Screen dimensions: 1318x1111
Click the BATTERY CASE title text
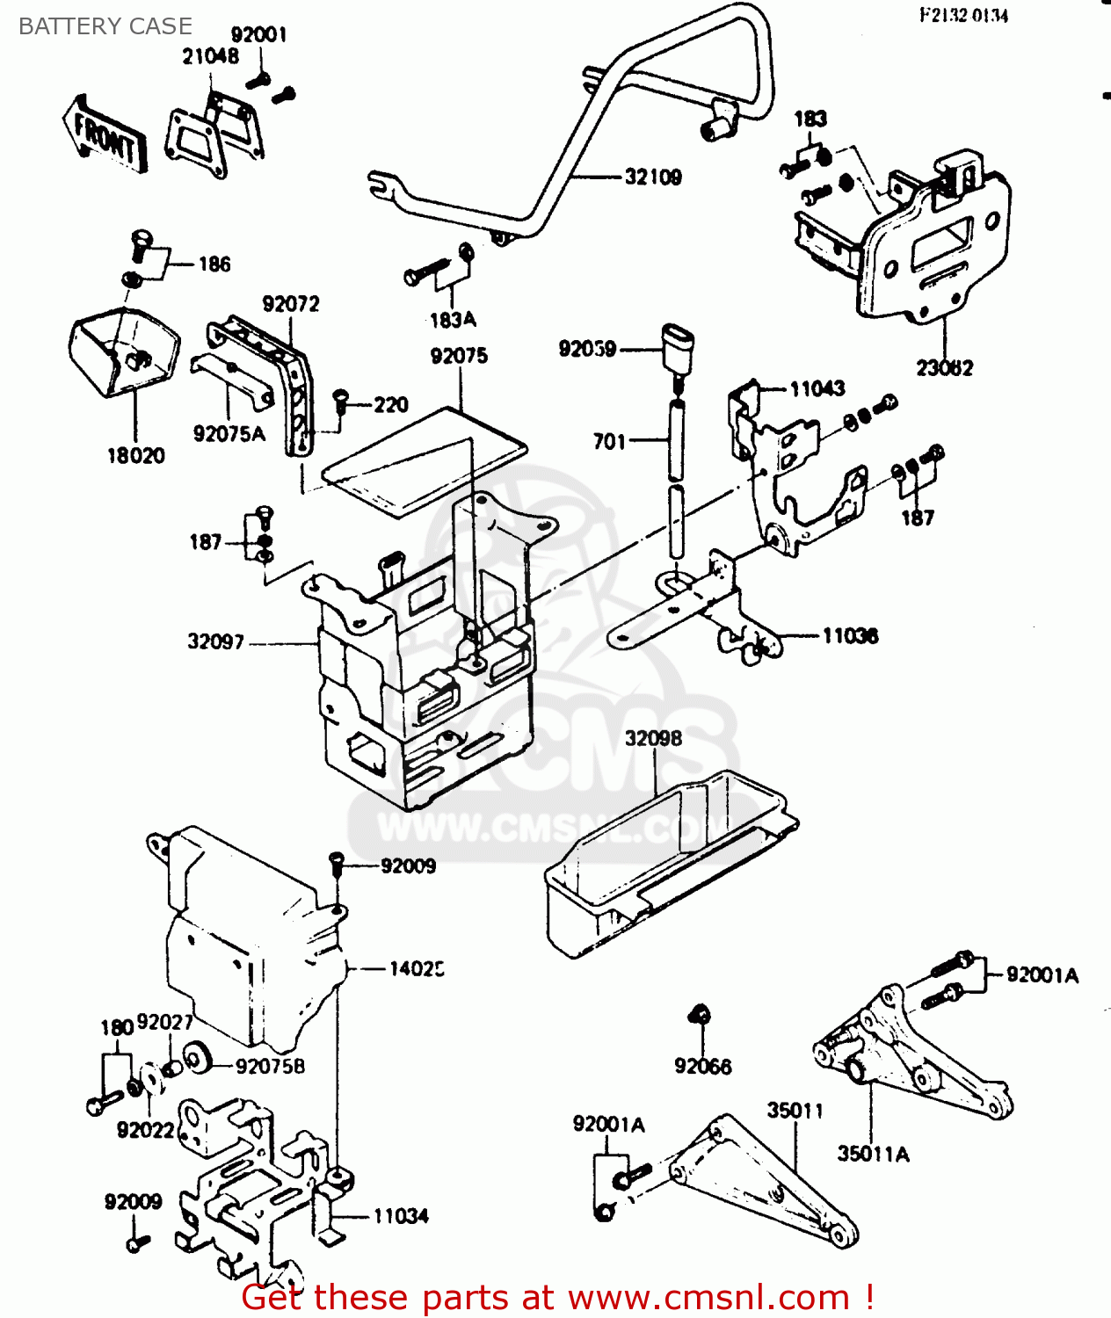(x=105, y=26)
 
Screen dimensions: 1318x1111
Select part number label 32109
(x=652, y=177)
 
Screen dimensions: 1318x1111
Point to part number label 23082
(x=945, y=368)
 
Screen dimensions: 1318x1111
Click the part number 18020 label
(x=135, y=455)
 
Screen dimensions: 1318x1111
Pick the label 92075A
(x=229, y=433)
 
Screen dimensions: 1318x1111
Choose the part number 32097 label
(x=215, y=641)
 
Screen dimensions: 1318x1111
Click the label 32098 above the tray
(x=653, y=738)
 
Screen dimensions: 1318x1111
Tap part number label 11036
(x=850, y=635)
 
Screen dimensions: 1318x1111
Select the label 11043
(x=817, y=388)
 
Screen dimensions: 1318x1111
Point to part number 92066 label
(x=702, y=1066)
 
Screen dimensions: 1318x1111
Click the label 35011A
(x=873, y=1154)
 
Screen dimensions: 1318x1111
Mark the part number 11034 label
(x=401, y=1216)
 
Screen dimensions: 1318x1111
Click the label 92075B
(x=271, y=1066)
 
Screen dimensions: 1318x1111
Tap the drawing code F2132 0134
(x=963, y=15)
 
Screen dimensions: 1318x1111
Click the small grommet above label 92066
(x=701, y=1015)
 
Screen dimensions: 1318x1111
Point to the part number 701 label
(x=609, y=441)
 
